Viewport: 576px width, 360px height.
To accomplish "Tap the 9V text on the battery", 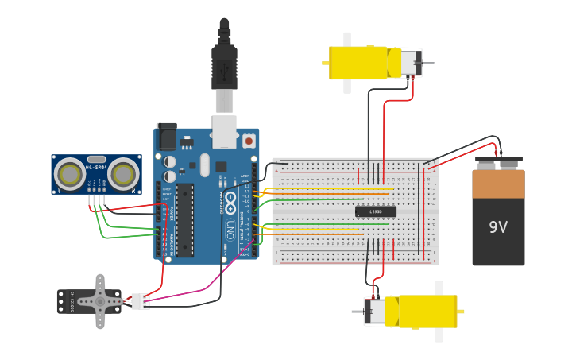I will point(498,227).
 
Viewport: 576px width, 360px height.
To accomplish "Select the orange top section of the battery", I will point(498,184).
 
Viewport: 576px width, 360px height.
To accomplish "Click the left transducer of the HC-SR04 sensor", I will point(70,173).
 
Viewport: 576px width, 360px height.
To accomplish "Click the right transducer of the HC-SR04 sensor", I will point(123,173).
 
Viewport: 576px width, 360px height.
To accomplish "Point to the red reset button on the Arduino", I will point(249,140).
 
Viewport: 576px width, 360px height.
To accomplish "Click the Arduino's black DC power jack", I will point(166,136).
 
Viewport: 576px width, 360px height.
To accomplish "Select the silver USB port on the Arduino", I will point(225,131).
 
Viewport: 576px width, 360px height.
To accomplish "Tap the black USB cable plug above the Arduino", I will point(224,68).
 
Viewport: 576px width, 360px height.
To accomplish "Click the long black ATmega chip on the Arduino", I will point(184,220).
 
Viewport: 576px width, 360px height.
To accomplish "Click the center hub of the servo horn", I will point(101,301).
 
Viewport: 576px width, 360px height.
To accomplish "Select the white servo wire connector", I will point(140,301).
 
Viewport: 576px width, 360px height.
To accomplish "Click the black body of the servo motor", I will point(73,301).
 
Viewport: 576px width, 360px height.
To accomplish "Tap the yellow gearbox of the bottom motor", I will point(427,311).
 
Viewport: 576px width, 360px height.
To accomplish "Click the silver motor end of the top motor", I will point(410,63).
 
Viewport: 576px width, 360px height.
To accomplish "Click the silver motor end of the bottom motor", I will point(375,311).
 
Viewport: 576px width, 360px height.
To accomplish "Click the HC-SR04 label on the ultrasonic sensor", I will point(96,168).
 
